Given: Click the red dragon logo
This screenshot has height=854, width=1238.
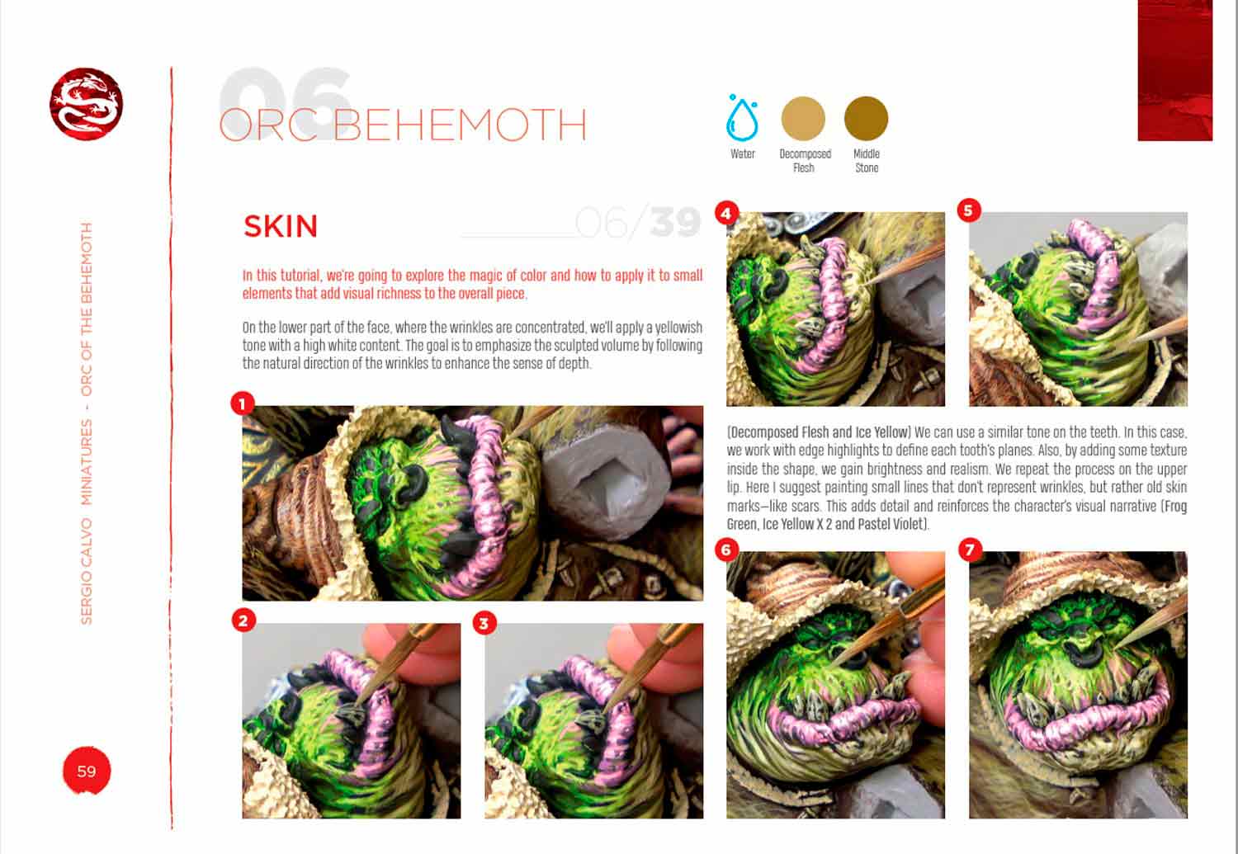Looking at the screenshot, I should point(86,104).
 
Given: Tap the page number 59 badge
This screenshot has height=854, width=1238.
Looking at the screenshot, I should point(86,771).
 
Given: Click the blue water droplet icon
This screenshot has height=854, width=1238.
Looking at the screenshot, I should point(741,118).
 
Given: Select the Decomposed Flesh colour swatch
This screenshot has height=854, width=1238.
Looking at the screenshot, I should point(803,118).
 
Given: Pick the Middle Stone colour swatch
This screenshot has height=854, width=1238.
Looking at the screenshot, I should point(866,118).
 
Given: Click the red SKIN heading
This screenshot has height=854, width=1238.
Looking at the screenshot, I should point(281,226).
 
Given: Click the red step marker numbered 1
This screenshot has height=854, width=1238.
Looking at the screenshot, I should point(242,403).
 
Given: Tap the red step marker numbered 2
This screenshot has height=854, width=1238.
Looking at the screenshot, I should point(243,620).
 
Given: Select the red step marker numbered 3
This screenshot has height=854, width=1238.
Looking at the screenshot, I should point(484,622).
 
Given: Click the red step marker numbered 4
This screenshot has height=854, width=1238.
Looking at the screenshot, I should point(725,213).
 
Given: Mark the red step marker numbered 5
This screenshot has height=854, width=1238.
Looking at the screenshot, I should point(968,210).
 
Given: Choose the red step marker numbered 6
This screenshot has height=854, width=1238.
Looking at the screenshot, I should point(726,550).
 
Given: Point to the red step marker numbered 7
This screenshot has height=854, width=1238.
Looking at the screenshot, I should point(970,550).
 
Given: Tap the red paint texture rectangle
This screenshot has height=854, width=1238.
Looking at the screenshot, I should point(1174,70).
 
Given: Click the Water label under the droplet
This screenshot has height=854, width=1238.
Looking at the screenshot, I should point(742,153).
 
